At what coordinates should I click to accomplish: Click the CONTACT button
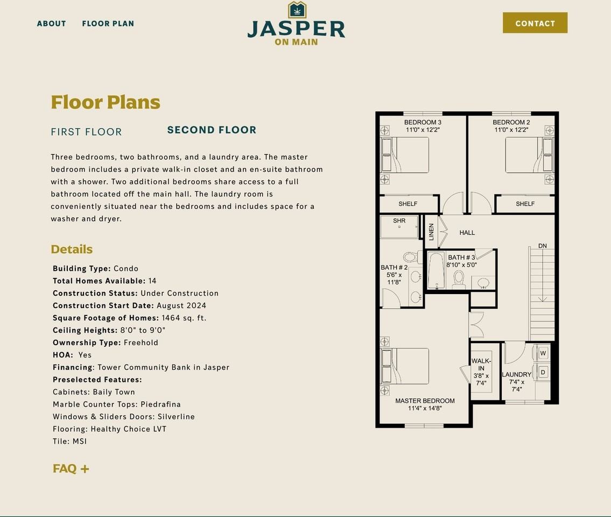click(x=535, y=23)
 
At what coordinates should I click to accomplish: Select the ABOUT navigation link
click(x=52, y=23)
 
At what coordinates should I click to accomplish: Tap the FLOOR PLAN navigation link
click(x=108, y=23)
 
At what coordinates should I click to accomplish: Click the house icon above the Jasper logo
click(x=297, y=10)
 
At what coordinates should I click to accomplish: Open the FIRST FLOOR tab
click(x=86, y=132)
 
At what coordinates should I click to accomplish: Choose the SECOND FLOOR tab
click(x=212, y=130)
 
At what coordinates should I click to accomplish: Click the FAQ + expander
click(x=71, y=469)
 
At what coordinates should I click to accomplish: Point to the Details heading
click(x=72, y=249)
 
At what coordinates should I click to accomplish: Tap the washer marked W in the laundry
click(x=543, y=353)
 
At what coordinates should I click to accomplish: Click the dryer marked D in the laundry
click(x=543, y=372)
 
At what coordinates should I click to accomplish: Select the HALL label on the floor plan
click(x=467, y=233)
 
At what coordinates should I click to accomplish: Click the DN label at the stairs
click(x=543, y=246)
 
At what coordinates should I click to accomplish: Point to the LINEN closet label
click(x=431, y=232)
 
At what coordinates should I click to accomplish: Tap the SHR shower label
click(x=399, y=221)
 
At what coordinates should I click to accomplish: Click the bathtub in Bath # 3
click(x=436, y=270)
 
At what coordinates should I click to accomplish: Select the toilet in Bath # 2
click(x=411, y=257)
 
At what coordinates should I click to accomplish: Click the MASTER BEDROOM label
click(x=425, y=401)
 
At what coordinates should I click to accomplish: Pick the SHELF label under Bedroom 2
click(x=525, y=204)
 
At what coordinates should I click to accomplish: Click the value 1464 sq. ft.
click(x=184, y=318)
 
